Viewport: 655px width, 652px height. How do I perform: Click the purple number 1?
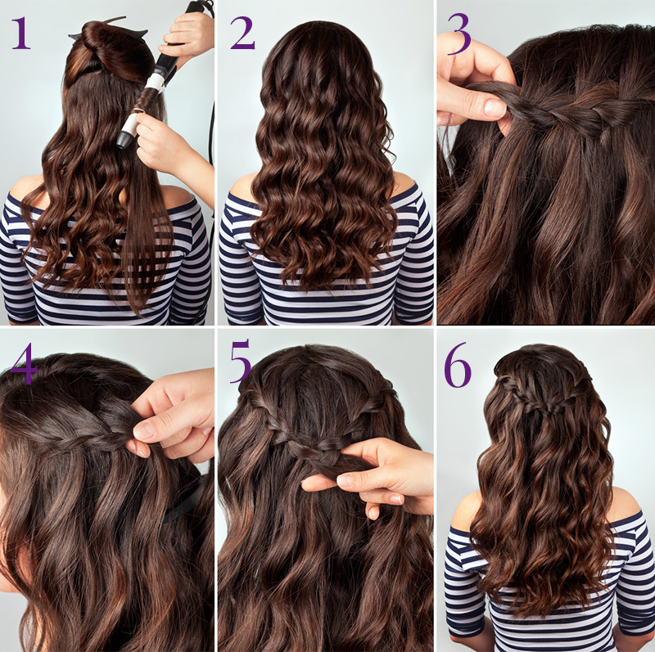tap(21, 33)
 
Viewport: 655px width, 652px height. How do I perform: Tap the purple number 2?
tap(242, 33)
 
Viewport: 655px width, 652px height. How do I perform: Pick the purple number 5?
tap(241, 361)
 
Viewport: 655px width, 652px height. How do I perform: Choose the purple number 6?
tap(458, 366)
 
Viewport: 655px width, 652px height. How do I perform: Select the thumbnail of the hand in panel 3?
tap(495, 108)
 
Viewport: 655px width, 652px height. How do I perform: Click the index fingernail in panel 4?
tap(144, 430)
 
